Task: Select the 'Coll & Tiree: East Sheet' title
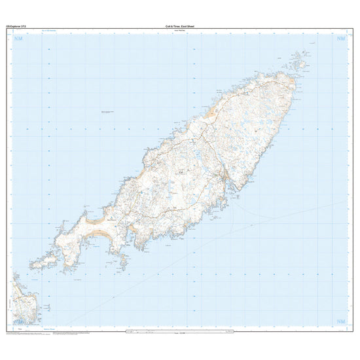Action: [x=180, y=26]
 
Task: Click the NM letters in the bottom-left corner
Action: [x=18, y=321]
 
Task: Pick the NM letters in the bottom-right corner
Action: [x=340, y=321]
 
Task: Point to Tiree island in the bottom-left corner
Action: [x=24, y=301]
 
